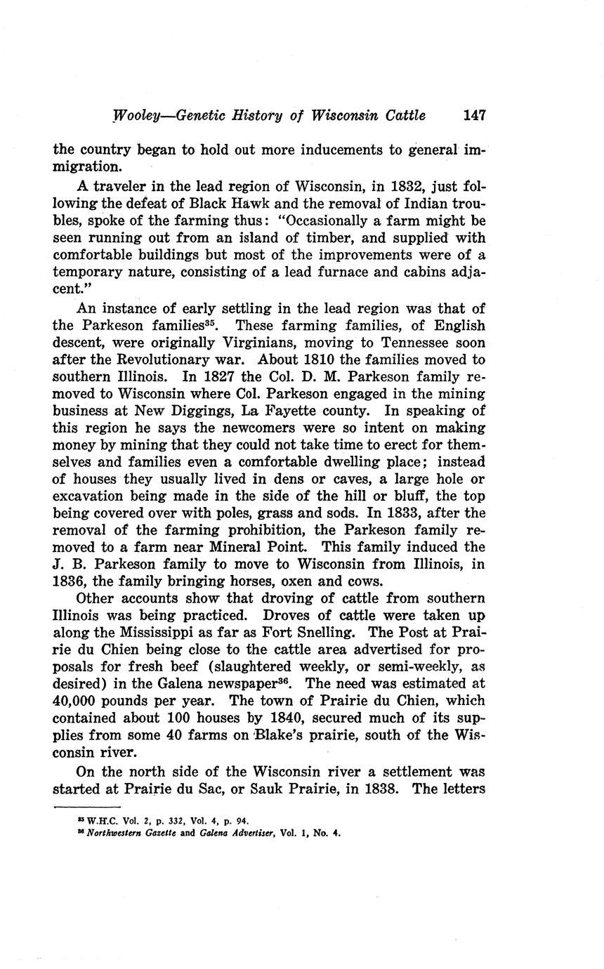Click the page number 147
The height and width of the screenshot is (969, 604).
click(x=475, y=115)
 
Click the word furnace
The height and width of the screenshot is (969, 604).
click(x=329, y=271)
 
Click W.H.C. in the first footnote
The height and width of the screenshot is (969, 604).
click(x=98, y=821)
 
